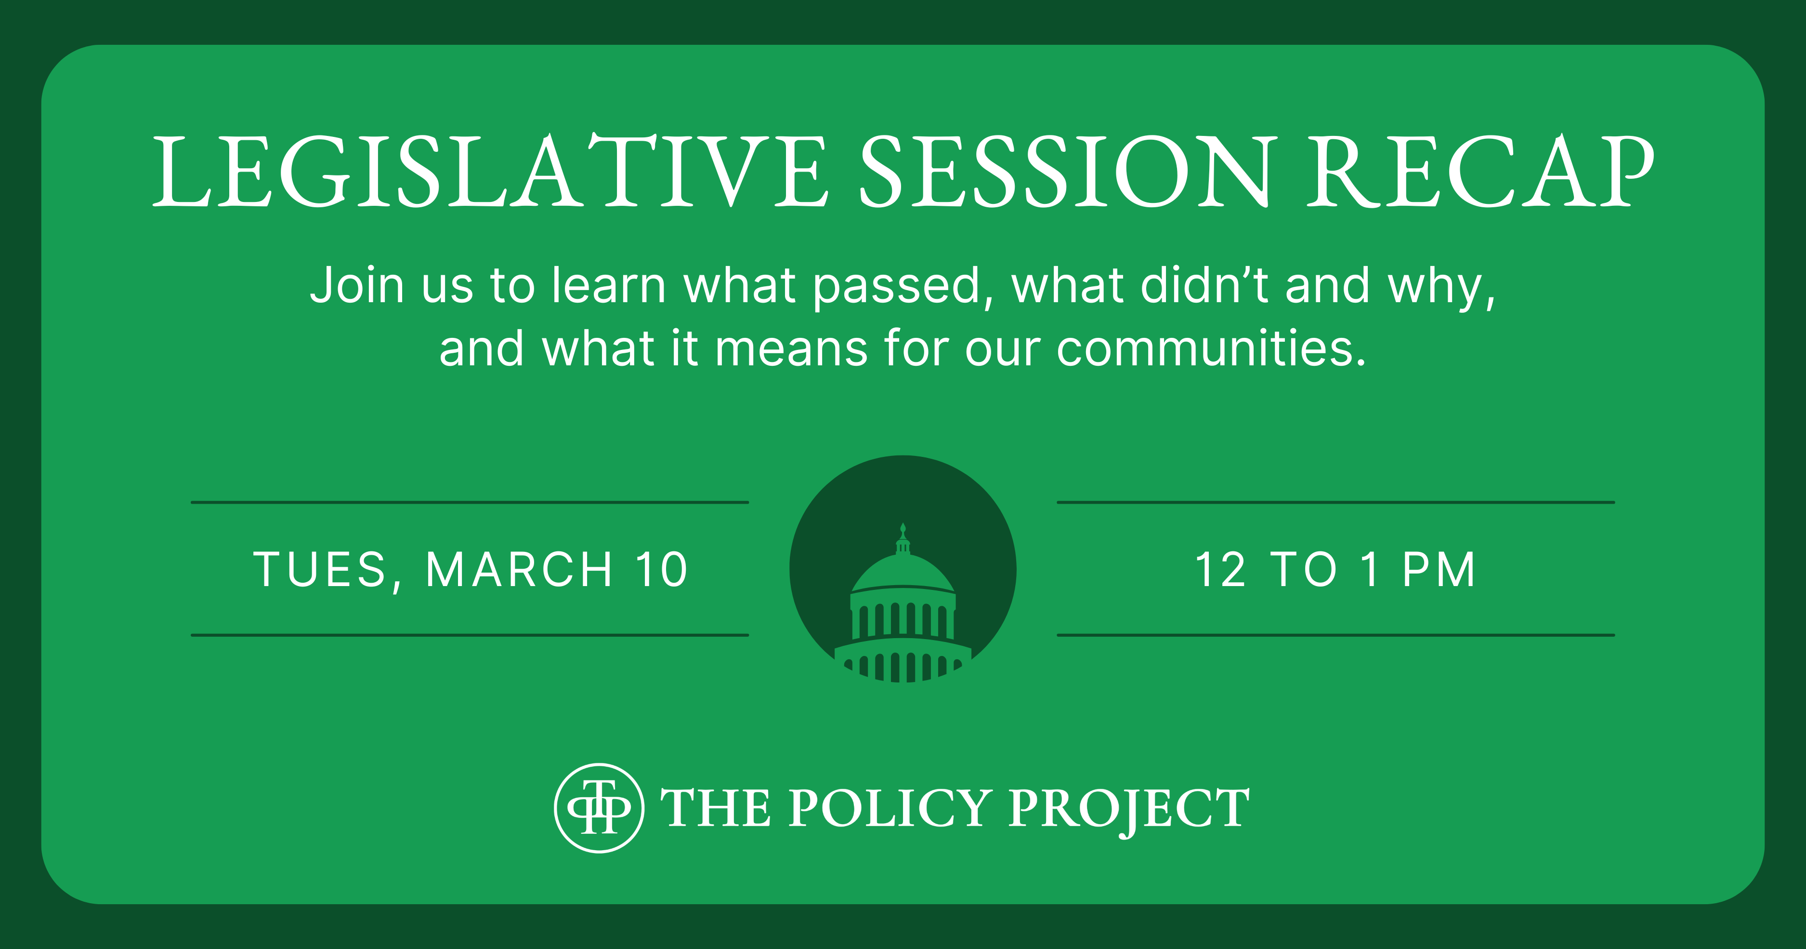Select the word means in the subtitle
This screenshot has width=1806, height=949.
pos(792,349)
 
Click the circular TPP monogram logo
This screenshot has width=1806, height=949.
pos(599,808)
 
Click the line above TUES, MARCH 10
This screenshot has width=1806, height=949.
pos(470,502)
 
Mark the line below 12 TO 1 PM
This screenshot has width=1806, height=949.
pos(1335,635)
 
